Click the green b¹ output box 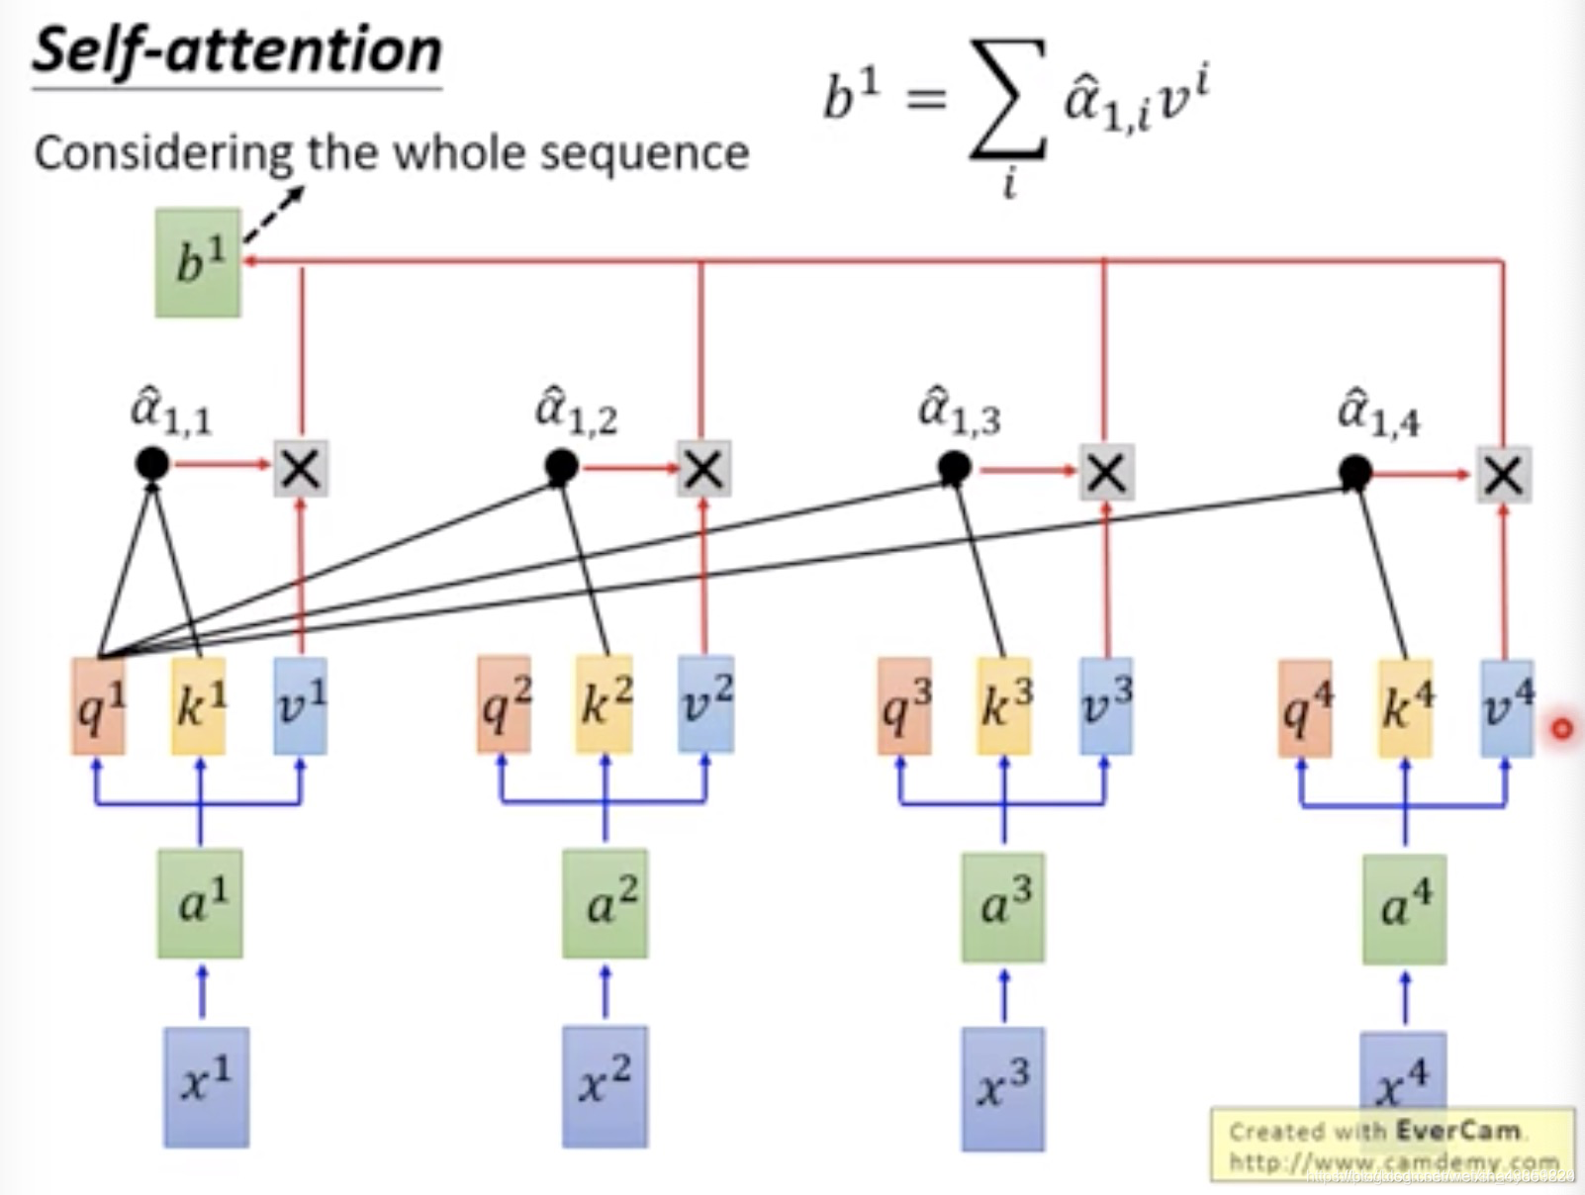198,263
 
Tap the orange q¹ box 99,706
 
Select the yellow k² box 605,704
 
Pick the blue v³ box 1106,706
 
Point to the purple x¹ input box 206,1087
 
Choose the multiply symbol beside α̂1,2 703,469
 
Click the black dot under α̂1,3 955,468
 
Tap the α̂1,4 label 1377,413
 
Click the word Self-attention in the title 237,51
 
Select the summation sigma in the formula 1007,99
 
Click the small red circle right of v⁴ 1562,729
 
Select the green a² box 606,904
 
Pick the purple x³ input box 1002,1088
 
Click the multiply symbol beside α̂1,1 301,468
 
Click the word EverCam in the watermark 1457,1130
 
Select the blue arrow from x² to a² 606,992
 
